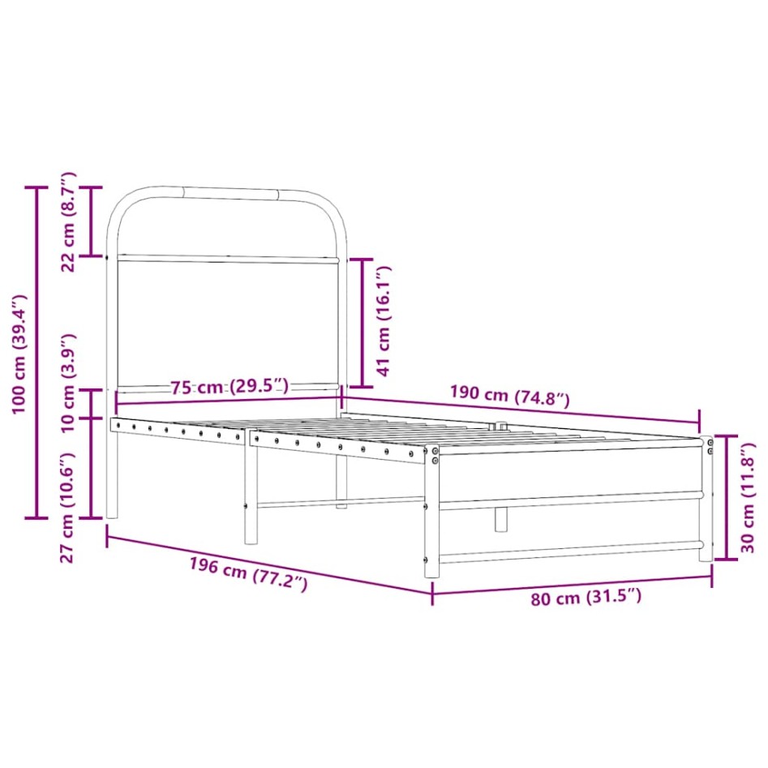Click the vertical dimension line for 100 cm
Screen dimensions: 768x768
pyautogui.click(x=36, y=352)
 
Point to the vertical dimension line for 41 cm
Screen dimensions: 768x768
pyautogui.click(x=360, y=323)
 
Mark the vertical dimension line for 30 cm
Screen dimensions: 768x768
pyautogui.click(x=726, y=497)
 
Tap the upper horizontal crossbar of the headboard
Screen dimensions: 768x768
pyautogui.click(x=227, y=260)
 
